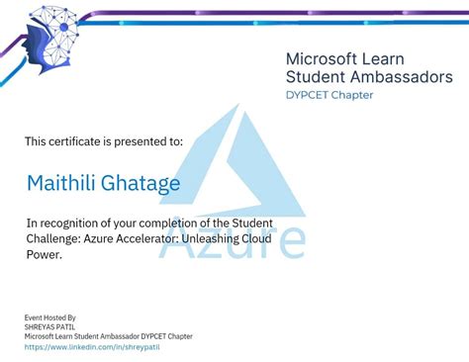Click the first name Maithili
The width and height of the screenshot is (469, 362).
click(x=61, y=184)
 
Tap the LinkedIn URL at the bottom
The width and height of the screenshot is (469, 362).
click(x=92, y=347)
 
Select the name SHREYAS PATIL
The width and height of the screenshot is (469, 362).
click(x=50, y=327)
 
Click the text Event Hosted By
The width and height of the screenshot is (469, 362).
click(x=50, y=317)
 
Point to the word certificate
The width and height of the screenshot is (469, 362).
click(x=80, y=141)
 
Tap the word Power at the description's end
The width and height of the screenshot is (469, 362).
click(x=44, y=254)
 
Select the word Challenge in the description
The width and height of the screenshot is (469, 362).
click(x=56, y=238)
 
